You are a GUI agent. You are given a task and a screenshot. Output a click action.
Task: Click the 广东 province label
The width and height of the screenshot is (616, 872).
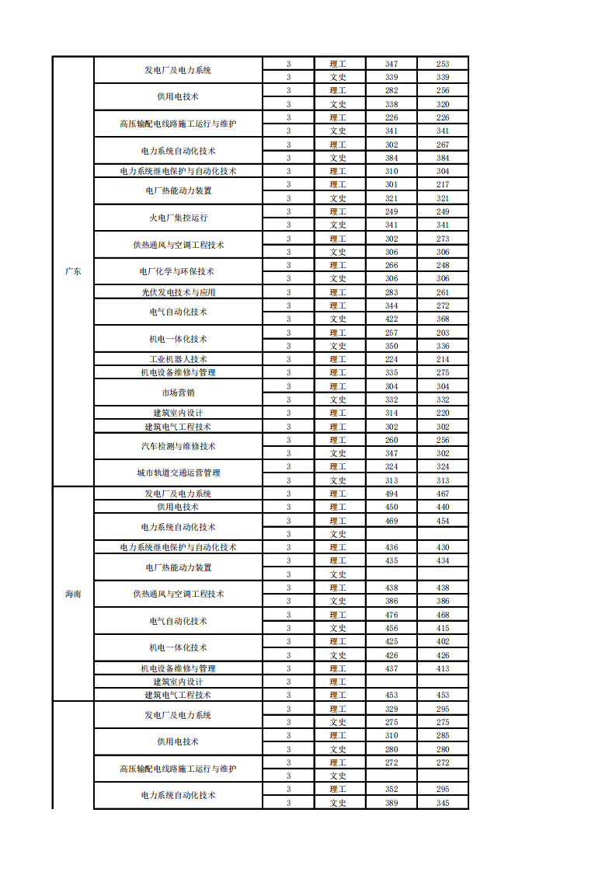tap(73, 272)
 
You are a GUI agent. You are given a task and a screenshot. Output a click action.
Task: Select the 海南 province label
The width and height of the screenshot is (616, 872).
tap(73, 594)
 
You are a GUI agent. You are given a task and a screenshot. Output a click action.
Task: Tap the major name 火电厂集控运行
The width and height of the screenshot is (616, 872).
tap(178, 218)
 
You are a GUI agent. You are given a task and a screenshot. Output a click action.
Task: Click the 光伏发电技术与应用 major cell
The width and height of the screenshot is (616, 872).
tap(178, 292)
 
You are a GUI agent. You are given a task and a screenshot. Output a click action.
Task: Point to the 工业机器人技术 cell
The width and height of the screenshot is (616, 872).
tap(178, 359)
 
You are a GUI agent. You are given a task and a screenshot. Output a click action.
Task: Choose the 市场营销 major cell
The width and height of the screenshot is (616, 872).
tap(178, 392)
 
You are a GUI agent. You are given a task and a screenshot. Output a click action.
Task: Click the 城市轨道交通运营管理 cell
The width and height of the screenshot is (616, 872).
tap(178, 473)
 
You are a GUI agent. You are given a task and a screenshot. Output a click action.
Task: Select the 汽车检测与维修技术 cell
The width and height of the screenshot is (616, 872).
tap(178, 446)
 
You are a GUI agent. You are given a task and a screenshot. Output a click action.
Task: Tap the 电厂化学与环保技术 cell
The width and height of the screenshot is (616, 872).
tap(178, 271)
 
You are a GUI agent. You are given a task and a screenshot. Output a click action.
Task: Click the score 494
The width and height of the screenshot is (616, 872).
tap(392, 494)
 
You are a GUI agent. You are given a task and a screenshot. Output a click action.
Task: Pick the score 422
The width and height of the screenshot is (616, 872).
tap(392, 319)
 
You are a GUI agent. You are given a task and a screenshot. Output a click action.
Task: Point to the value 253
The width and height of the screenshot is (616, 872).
tap(443, 64)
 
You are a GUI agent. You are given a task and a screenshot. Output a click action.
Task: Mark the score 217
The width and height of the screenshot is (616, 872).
tap(443, 184)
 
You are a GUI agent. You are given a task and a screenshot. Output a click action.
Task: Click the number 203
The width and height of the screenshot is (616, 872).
tap(443, 333)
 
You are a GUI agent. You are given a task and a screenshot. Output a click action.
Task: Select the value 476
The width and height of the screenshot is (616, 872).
tap(392, 615)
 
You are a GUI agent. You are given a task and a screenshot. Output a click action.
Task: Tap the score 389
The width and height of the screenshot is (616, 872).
tap(392, 803)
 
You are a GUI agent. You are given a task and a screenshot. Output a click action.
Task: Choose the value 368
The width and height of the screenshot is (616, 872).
tap(443, 319)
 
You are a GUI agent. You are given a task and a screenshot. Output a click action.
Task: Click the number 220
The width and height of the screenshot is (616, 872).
tap(443, 413)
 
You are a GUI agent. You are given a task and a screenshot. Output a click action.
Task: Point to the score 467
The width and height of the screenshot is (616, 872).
tap(443, 494)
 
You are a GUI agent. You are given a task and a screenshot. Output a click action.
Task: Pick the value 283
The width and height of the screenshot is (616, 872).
tap(392, 292)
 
